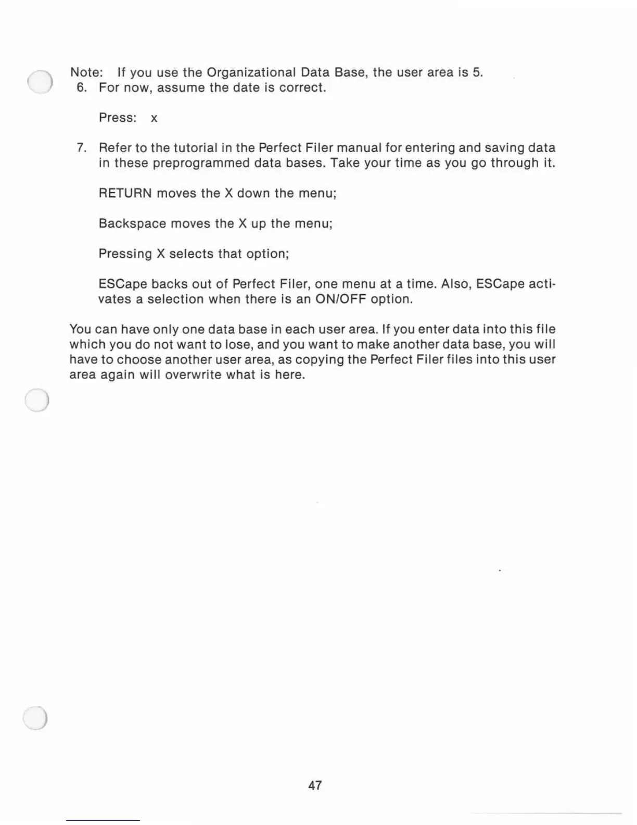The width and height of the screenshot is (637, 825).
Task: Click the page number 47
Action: [x=315, y=785]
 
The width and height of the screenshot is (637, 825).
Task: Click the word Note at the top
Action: [x=85, y=72]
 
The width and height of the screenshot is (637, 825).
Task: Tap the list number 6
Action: [x=81, y=87]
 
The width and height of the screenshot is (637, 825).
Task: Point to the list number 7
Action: [x=81, y=148]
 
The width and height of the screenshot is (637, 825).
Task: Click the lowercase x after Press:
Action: [x=154, y=118]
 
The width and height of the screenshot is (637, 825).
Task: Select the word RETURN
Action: [x=125, y=193]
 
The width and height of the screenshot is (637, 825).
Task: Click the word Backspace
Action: [x=132, y=223]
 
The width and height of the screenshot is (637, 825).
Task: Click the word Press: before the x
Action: [x=118, y=118]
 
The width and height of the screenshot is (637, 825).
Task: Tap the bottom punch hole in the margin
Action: [x=36, y=719]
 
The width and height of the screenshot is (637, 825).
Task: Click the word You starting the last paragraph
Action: [x=80, y=329]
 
